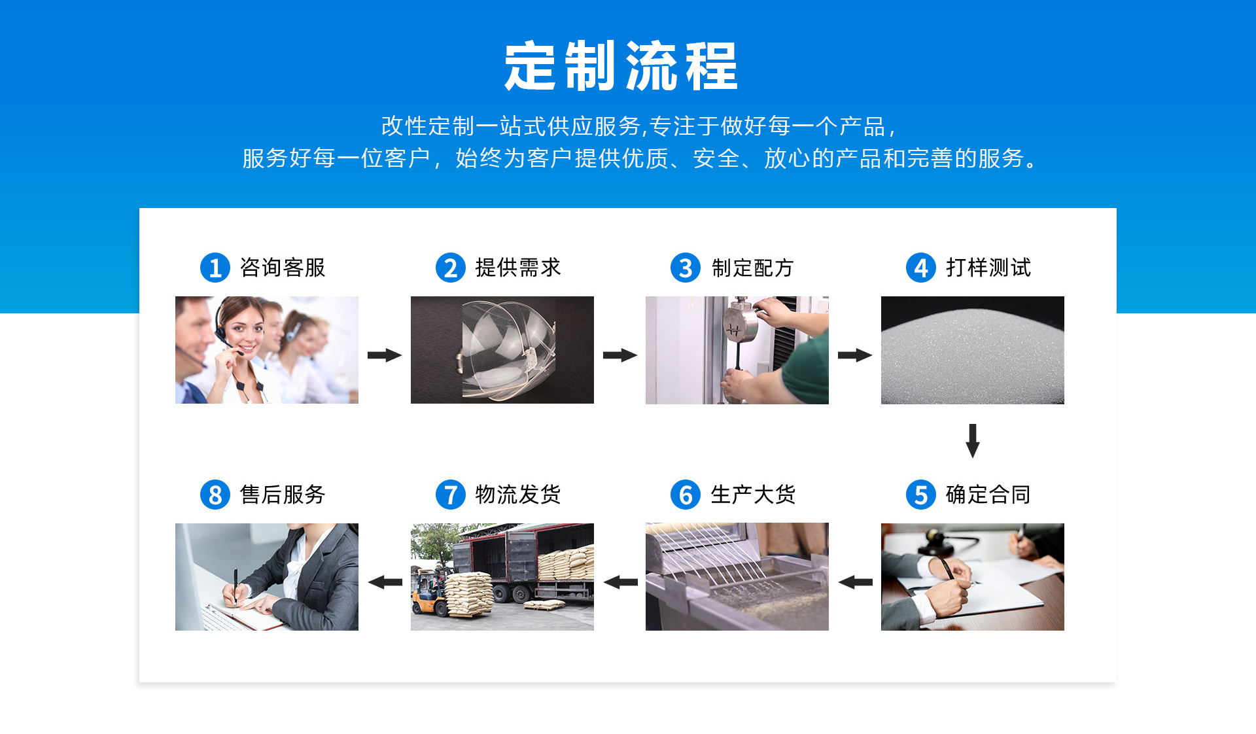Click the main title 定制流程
point(621,66)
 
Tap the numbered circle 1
point(215,268)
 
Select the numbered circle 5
point(921,495)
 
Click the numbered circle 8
point(215,495)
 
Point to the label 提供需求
point(518,268)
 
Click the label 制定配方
point(753,268)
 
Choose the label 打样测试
point(988,268)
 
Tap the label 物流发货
point(518,495)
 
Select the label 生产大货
point(753,495)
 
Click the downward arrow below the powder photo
point(973,440)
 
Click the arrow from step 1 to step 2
point(385,355)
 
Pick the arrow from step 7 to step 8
point(385,582)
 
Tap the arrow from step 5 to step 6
point(855,582)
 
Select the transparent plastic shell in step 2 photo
point(507,350)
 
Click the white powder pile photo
point(973,350)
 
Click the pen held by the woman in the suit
point(235,585)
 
